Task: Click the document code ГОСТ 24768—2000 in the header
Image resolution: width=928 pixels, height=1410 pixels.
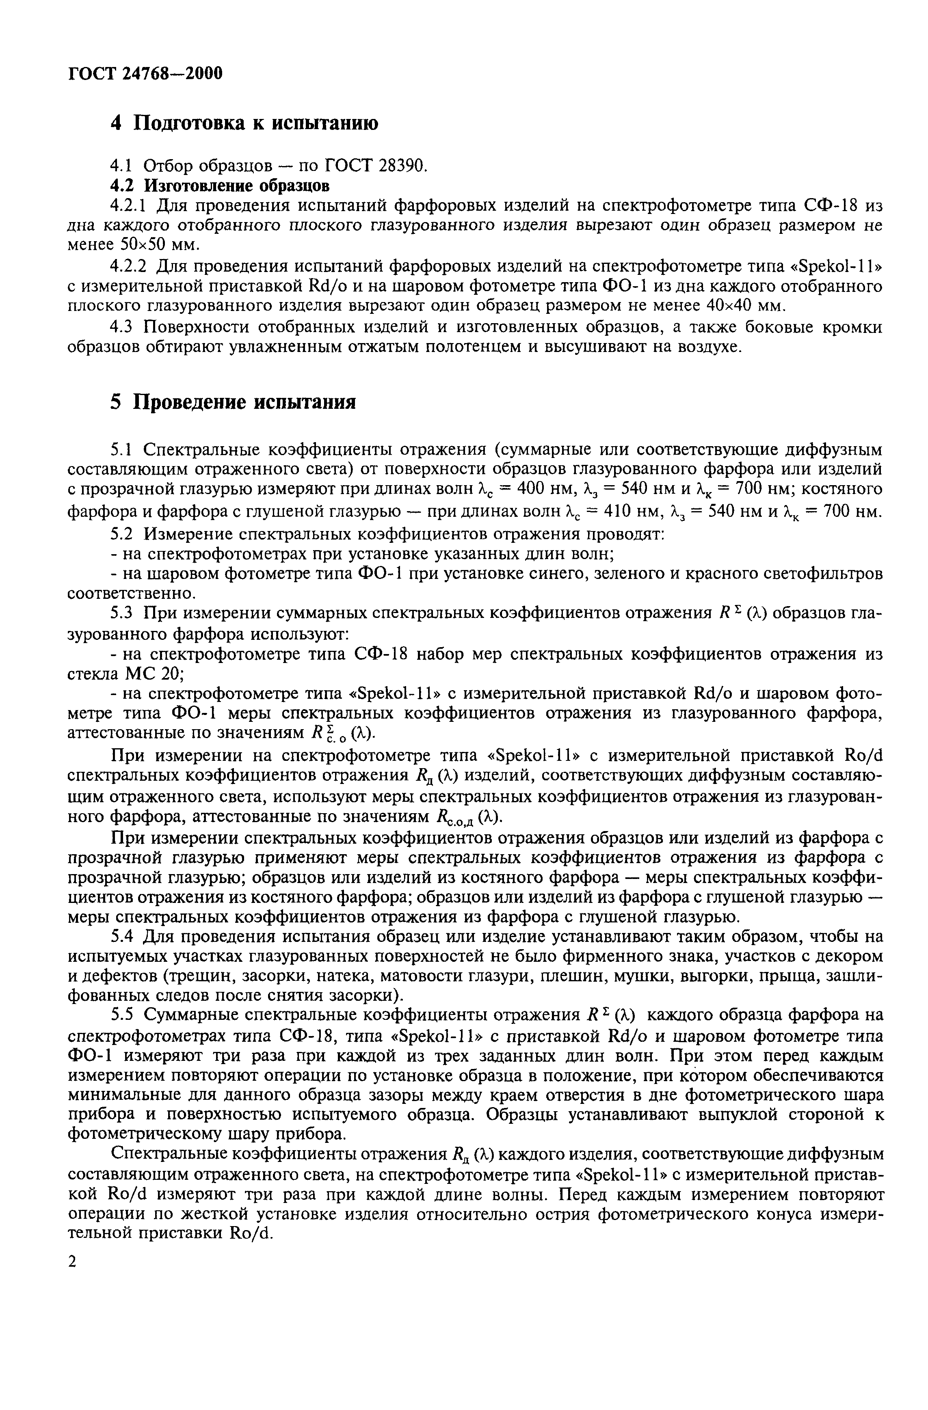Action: pos(145,74)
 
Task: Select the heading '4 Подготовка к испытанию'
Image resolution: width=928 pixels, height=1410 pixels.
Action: pos(244,123)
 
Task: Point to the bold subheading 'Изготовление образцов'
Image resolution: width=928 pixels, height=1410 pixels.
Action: pos(236,186)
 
